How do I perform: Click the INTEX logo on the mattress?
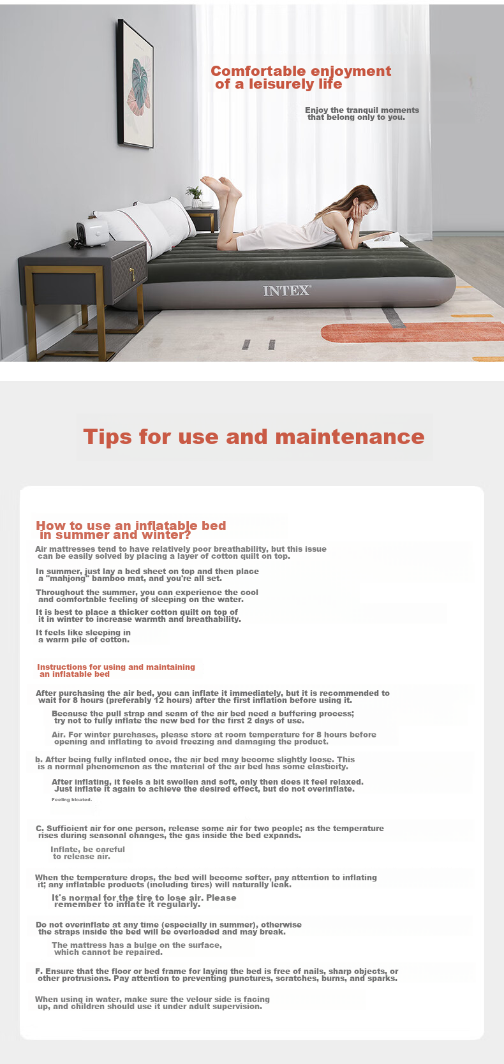(x=287, y=291)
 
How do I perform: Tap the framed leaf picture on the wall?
(x=136, y=84)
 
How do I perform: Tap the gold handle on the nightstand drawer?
(x=132, y=274)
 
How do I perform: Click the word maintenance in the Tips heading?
(x=350, y=437)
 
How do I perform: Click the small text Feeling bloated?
(x=71, y=799)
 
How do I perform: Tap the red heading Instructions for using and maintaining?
(x=116, y=667)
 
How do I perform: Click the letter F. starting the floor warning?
(x=39, y=972)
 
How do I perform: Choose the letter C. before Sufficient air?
(x=40, y=829)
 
